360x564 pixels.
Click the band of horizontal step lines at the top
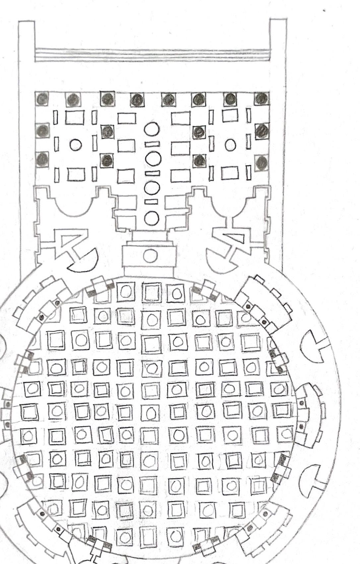coord(153,55)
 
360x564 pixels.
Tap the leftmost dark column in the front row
coord(42,99)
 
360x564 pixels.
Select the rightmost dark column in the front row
coord(262,98)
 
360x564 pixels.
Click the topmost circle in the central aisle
coord(151,129)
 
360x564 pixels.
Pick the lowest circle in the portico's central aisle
coord(152,218)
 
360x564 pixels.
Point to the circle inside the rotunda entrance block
coord(150,256)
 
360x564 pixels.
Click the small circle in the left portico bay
coord(76,145)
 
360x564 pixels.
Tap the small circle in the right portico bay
coord(230,145)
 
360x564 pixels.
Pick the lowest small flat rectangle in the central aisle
coord(152,201)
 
